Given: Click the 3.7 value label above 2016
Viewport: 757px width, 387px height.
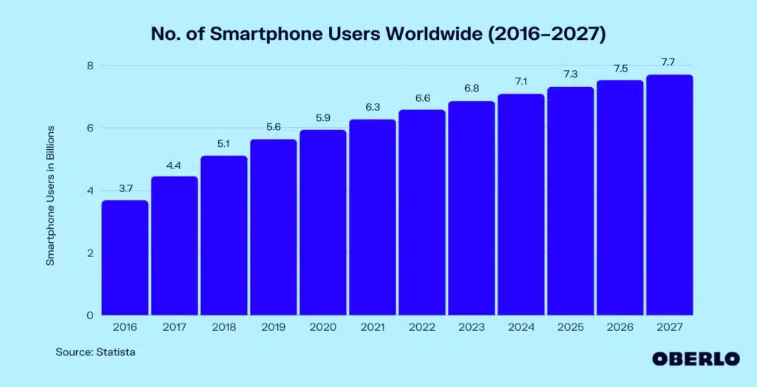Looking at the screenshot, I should coord(125,188).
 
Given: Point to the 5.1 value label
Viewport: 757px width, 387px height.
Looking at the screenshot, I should coord(224,144).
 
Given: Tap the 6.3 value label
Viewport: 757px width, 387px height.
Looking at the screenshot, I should coord(373,108).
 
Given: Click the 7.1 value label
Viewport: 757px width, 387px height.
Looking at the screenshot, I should coord(520,82).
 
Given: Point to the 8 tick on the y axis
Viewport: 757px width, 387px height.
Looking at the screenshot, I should coord(89,66).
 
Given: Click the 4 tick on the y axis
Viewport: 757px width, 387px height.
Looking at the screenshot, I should coord(89,191).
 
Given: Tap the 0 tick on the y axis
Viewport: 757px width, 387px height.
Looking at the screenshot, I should coord(89,315).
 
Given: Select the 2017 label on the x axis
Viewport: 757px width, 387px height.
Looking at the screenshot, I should coord(174,327).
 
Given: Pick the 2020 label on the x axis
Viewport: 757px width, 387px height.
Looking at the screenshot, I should coord(323,327).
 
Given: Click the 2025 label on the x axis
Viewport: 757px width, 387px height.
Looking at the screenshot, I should coord(570,327).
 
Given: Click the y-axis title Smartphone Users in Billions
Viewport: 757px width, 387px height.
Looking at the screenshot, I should coord(51,195).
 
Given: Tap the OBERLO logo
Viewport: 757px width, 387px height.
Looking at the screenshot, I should coord(695,359).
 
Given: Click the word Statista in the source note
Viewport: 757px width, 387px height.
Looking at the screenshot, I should coord(115,352).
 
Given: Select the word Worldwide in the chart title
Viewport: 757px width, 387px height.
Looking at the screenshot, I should coord(432,34).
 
